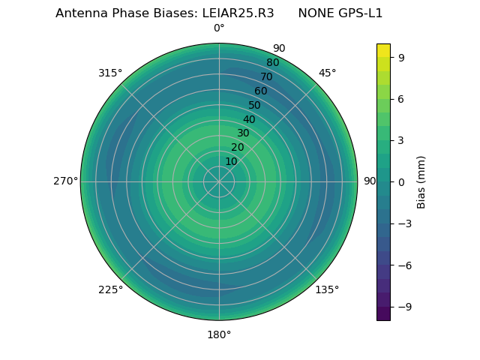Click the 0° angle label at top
pyautogui.click(x=219, y=28)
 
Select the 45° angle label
pyautogui.click(x=327, y=73)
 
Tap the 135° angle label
pyautogui.click(x=327, y=289)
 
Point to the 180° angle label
pyautogui.click(x=219, y=334)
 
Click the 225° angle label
pyautogui.click(x=110, y=289)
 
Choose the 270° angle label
pyautogui.click(x=65, y=181)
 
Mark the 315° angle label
pyautogui.click(x=110, y=73)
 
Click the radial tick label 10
pyautogui.click(x=231, y=161)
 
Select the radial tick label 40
pyautogui.click(x=249, y=119)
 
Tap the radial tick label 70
pyautogui.click(x=266, y=76)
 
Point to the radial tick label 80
pyautogui.click(x=272, y=62)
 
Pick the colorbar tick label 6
pyautogui.click(x=401, y=98)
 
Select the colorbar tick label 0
pyautogui.click(x=401, y=181)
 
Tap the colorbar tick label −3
pyautogui.click(x=404, y=223)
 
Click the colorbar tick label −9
pyautogui.click(x=404, y=307)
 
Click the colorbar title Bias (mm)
pyautogui.click(x=421, y=181)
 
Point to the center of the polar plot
pyautogui.click(x=219, y=181)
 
